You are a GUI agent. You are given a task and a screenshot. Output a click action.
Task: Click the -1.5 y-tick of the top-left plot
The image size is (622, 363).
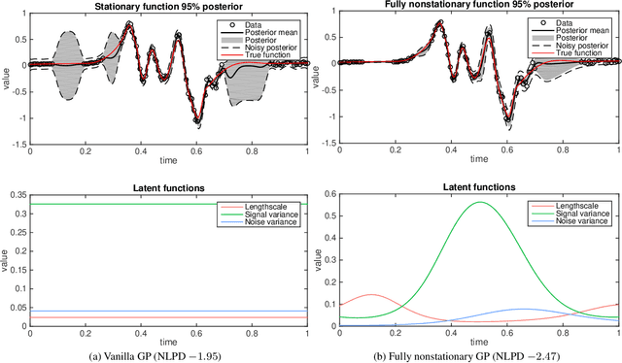pos(17,145)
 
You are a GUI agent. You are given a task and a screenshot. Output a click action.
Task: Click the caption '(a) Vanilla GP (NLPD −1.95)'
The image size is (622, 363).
pos(168,354)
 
